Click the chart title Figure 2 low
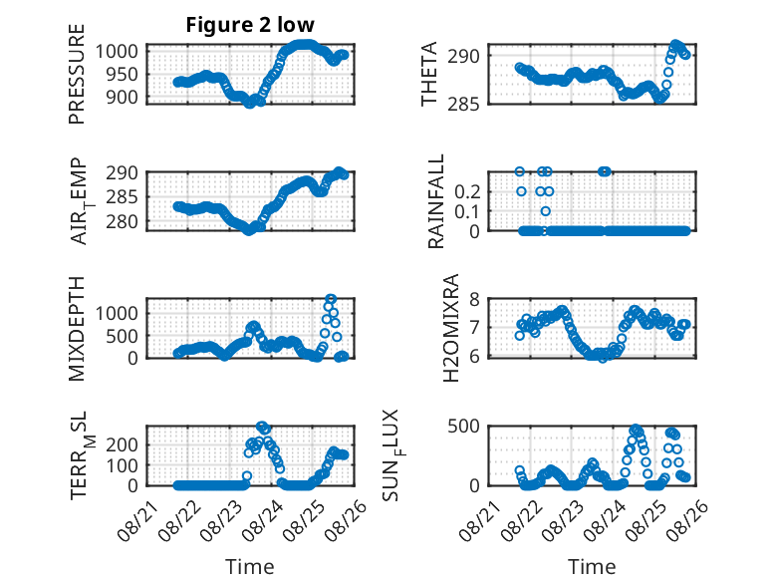[250, 25]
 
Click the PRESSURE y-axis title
[77, 74]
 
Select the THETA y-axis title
[429, 74]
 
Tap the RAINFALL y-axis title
[436, 201]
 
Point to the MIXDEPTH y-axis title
[77, 328]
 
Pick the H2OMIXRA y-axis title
[451, 328]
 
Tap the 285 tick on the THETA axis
[463, 104]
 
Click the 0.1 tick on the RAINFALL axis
[467, 211]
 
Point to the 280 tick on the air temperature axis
[122, 221]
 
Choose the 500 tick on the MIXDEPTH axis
[123, 336]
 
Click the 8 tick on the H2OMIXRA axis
[474, 299]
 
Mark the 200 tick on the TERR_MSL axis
[123, 444]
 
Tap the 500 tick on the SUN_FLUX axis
[463, 426]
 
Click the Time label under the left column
[250, 567]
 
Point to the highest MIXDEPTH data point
[331, 299]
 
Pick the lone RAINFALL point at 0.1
[545, 211]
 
